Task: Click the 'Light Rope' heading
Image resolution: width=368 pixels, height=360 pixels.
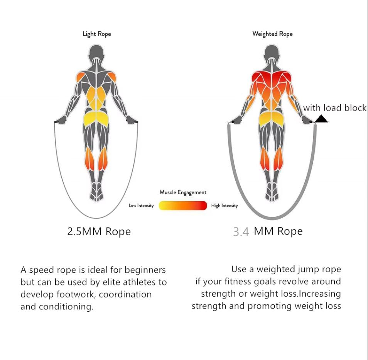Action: pos(97,34)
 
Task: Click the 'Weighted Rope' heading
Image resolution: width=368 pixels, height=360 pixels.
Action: pos(272,34)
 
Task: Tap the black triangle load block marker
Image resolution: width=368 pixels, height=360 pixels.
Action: pos(321,119)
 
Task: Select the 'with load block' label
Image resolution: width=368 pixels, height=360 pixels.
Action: pos(335,108)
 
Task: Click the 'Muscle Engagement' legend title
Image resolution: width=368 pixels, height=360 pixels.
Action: pos(183,192)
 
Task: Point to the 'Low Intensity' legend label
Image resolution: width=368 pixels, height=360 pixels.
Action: pos(141,205)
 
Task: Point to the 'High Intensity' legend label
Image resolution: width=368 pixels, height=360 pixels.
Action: pos(225,205)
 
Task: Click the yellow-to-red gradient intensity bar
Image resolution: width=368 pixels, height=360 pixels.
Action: pos(183,205)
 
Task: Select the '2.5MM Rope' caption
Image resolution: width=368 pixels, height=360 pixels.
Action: pos(99,231)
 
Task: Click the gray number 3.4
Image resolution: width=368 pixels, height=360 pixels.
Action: pos(241,232)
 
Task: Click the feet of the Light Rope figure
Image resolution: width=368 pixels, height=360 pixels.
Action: pos(96,192)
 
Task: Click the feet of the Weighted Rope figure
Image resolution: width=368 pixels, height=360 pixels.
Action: pos(272,192)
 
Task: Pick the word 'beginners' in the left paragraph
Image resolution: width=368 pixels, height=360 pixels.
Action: pos(145,270)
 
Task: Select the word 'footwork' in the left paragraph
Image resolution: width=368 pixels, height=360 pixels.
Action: pos(76,294)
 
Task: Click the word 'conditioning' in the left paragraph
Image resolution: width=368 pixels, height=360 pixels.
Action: pos(66,307)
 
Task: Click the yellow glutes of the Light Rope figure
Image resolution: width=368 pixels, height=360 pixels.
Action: pos(96,119)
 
